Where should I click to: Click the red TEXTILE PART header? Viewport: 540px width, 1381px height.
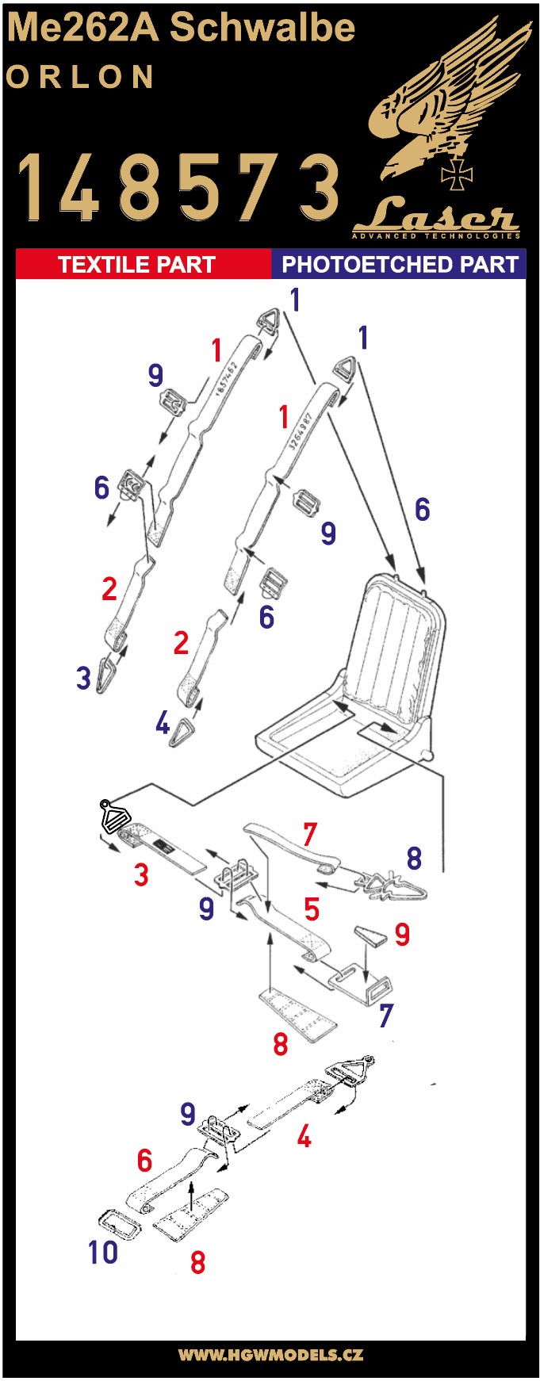click(x=136, y=264)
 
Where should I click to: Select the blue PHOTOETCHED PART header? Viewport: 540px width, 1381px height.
click(x=399, y=264)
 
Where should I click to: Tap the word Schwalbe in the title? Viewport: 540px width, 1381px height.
click(x=262, y=28)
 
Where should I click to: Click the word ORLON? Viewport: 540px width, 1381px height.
click(x=80, y=77)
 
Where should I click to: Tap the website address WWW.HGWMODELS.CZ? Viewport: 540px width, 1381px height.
click(x=270, y=1354)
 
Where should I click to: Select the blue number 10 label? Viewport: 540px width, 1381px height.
click(x=103, y=1252)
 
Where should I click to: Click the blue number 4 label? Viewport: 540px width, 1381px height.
click(x=163, y=722)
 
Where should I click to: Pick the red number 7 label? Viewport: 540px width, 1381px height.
click(x=310, y=834)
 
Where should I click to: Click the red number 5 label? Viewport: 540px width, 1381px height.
click(x=312, y=909)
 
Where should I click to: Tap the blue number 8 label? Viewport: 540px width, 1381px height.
click(x=413, y=858)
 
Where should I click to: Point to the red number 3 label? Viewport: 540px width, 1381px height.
click(x=141, y=874)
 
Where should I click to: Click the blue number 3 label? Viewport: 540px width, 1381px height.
click(x=84, y=677)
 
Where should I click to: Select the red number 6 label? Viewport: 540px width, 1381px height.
click(x=144, y=1161)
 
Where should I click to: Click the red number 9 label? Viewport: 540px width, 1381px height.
click(x=402, y=935)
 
